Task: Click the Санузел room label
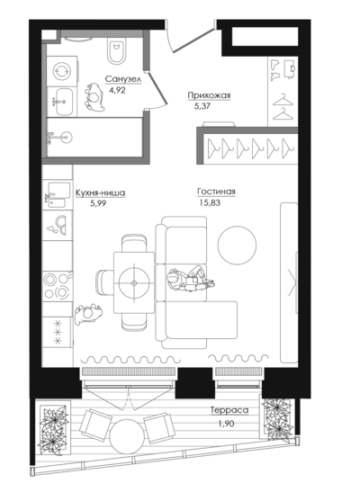tap(123, 79)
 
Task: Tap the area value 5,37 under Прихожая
tap(202, 106)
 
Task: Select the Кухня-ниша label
tap(100, 193)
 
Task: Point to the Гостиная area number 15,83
tap(210, 202)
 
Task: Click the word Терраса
tap(229, 410)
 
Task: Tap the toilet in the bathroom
tap(116, 51)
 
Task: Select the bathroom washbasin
tap(63, 102)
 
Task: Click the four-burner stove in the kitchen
tap(57, 286)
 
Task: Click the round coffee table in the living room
tap(237, 245)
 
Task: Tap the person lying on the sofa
tap(190, 280)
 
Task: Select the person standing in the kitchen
tap(88, 314)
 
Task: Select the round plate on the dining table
tap(133, 282)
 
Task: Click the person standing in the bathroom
tap(94, 97)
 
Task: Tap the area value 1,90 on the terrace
tap(227, 424)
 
